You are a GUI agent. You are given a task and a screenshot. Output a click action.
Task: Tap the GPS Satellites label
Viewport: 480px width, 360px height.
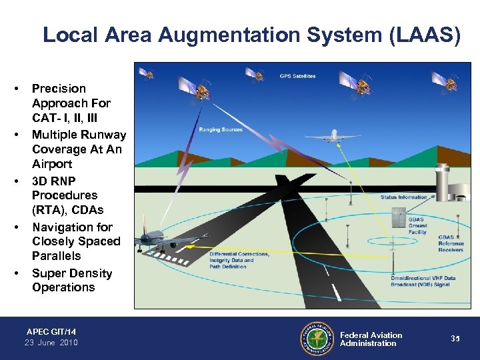pyautogui.click(x=297, y=77)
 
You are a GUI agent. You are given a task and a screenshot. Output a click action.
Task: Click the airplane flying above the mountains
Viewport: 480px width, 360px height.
pyautogui.click(x=334, y=136)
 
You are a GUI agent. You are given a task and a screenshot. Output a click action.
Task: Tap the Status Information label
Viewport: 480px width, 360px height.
pyautogui.click(x=404, y=197)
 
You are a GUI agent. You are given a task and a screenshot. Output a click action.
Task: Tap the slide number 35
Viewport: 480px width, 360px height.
pyautogui.click(x=455, y=339)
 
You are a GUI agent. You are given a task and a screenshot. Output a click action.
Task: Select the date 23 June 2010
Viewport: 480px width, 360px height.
pyautogui.click(x=51, y=343)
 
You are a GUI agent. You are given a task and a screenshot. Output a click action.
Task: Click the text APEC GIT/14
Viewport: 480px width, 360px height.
pyautogui.click(x=51, y=331)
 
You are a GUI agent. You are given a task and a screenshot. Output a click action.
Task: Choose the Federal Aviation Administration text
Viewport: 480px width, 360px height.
pyautogui.click(x=371, y=339)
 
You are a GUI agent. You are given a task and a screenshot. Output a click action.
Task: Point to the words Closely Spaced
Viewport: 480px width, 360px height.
pyautogui.click(x=76, y=241)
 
